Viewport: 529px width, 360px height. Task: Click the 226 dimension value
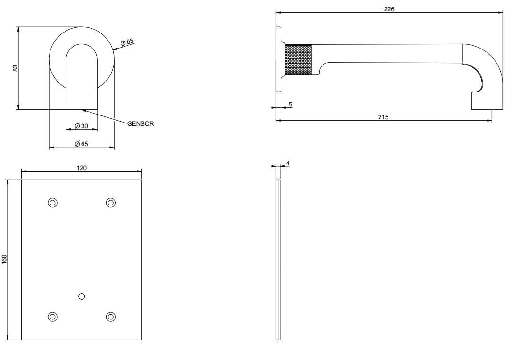389,9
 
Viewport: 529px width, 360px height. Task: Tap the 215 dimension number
383,117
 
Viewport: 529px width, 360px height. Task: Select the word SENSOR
141,124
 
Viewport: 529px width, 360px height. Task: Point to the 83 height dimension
15,68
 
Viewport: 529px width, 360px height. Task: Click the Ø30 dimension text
82,126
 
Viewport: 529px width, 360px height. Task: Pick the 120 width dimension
82,168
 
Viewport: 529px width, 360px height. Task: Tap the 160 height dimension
5,259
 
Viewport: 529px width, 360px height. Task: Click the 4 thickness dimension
288,164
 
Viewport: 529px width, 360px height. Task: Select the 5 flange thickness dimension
290,104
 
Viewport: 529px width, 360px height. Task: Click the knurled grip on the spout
298,59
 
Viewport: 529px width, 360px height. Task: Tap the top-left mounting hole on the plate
52,203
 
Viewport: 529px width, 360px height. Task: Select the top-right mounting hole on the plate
111,203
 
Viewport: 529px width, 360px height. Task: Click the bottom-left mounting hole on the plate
52,316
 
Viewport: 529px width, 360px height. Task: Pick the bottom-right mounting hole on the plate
111,316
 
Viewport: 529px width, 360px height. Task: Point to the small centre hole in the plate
82,296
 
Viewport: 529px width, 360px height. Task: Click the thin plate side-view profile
278,259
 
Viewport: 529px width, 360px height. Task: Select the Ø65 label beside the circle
127,42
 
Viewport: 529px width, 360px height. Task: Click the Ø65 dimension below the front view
82,144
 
